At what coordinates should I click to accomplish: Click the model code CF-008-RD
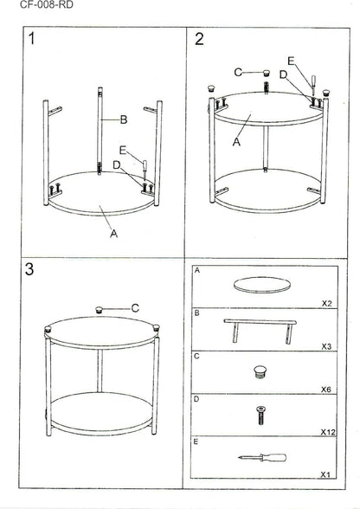coord(47,4)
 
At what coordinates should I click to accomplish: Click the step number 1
coord(31,39)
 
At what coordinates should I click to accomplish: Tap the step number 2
coord(199,39)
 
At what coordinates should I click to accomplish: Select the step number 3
coord(29,268)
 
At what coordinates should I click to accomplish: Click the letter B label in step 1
coord(124,119)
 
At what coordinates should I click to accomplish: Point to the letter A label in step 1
coord(113,234)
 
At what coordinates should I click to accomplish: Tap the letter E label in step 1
coord(123,150)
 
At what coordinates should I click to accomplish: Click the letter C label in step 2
coord(238,72)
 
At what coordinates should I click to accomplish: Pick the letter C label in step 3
coord(135,308)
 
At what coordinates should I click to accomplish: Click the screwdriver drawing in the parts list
coord(262,457)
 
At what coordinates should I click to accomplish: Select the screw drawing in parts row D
coord(260,416)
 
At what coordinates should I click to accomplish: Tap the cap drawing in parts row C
coord(259,372)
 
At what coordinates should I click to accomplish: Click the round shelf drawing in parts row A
coord(262,285)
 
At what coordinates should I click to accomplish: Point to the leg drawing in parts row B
coord(260,331)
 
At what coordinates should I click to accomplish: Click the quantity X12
coord(328,432)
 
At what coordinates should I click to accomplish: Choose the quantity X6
coord(326,390)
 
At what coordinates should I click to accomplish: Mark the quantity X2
coord(326,303)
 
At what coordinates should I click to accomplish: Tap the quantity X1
coord(325,474)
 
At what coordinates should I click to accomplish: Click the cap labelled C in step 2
coord(267,72)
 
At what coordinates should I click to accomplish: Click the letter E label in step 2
coord(291,61)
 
